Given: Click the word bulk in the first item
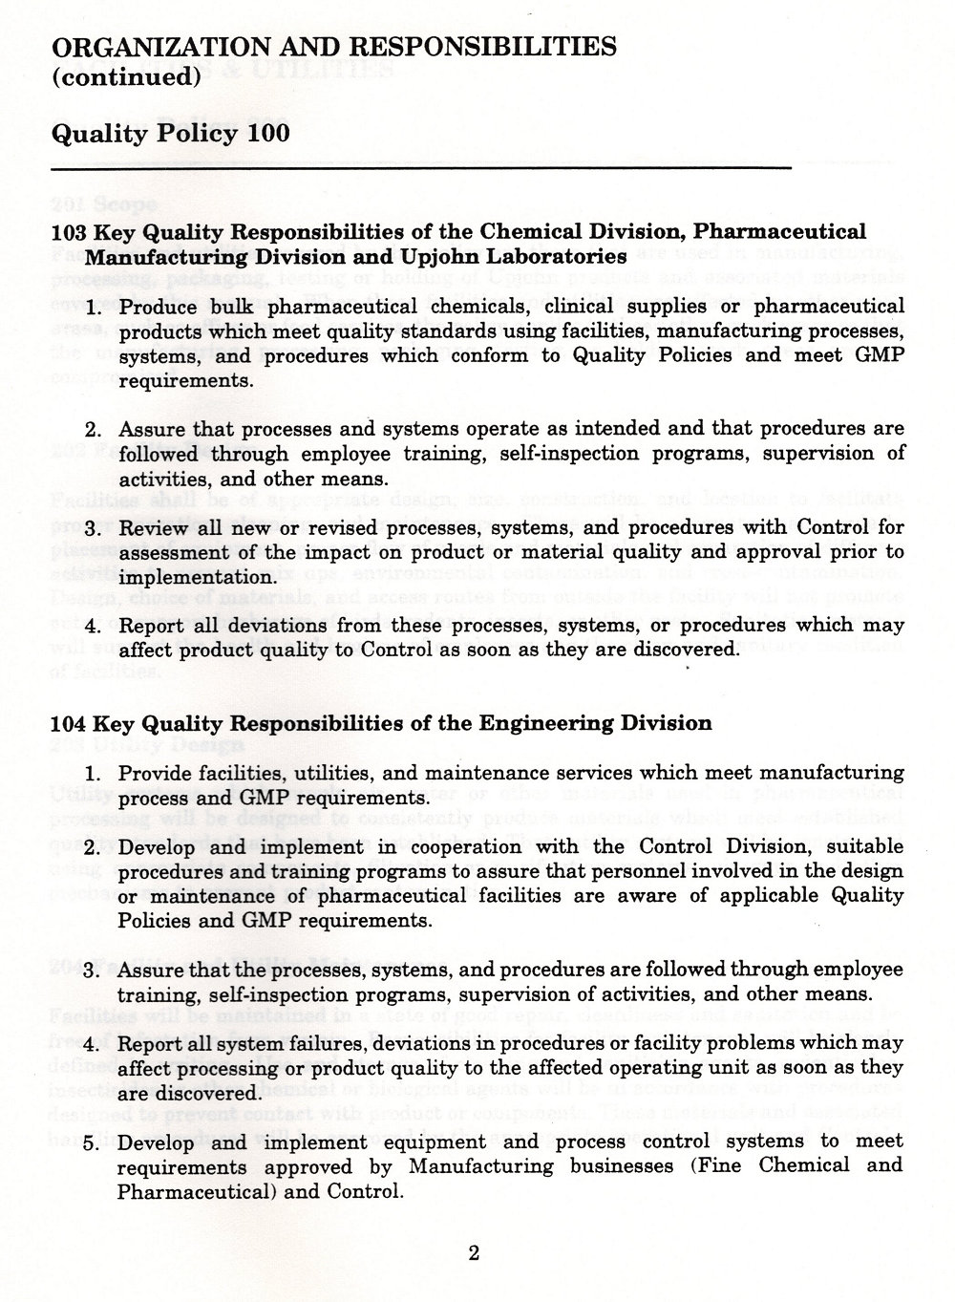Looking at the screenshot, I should pos(224,307).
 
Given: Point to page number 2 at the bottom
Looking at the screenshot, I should pos(473,1253).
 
